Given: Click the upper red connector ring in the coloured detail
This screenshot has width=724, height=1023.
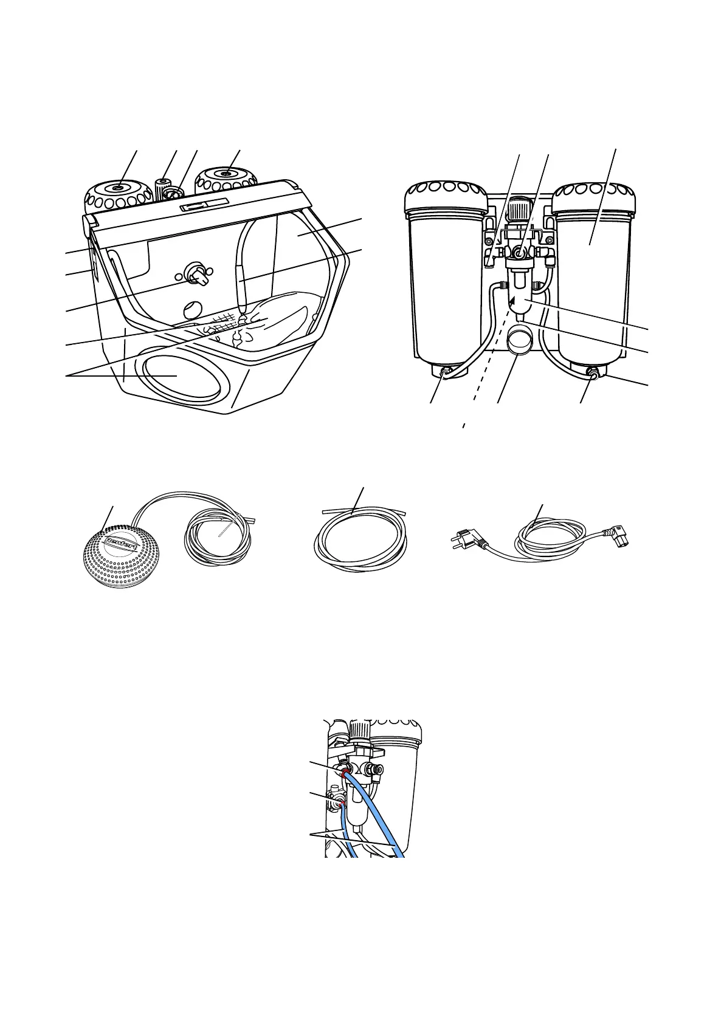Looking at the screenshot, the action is click(346, 774).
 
